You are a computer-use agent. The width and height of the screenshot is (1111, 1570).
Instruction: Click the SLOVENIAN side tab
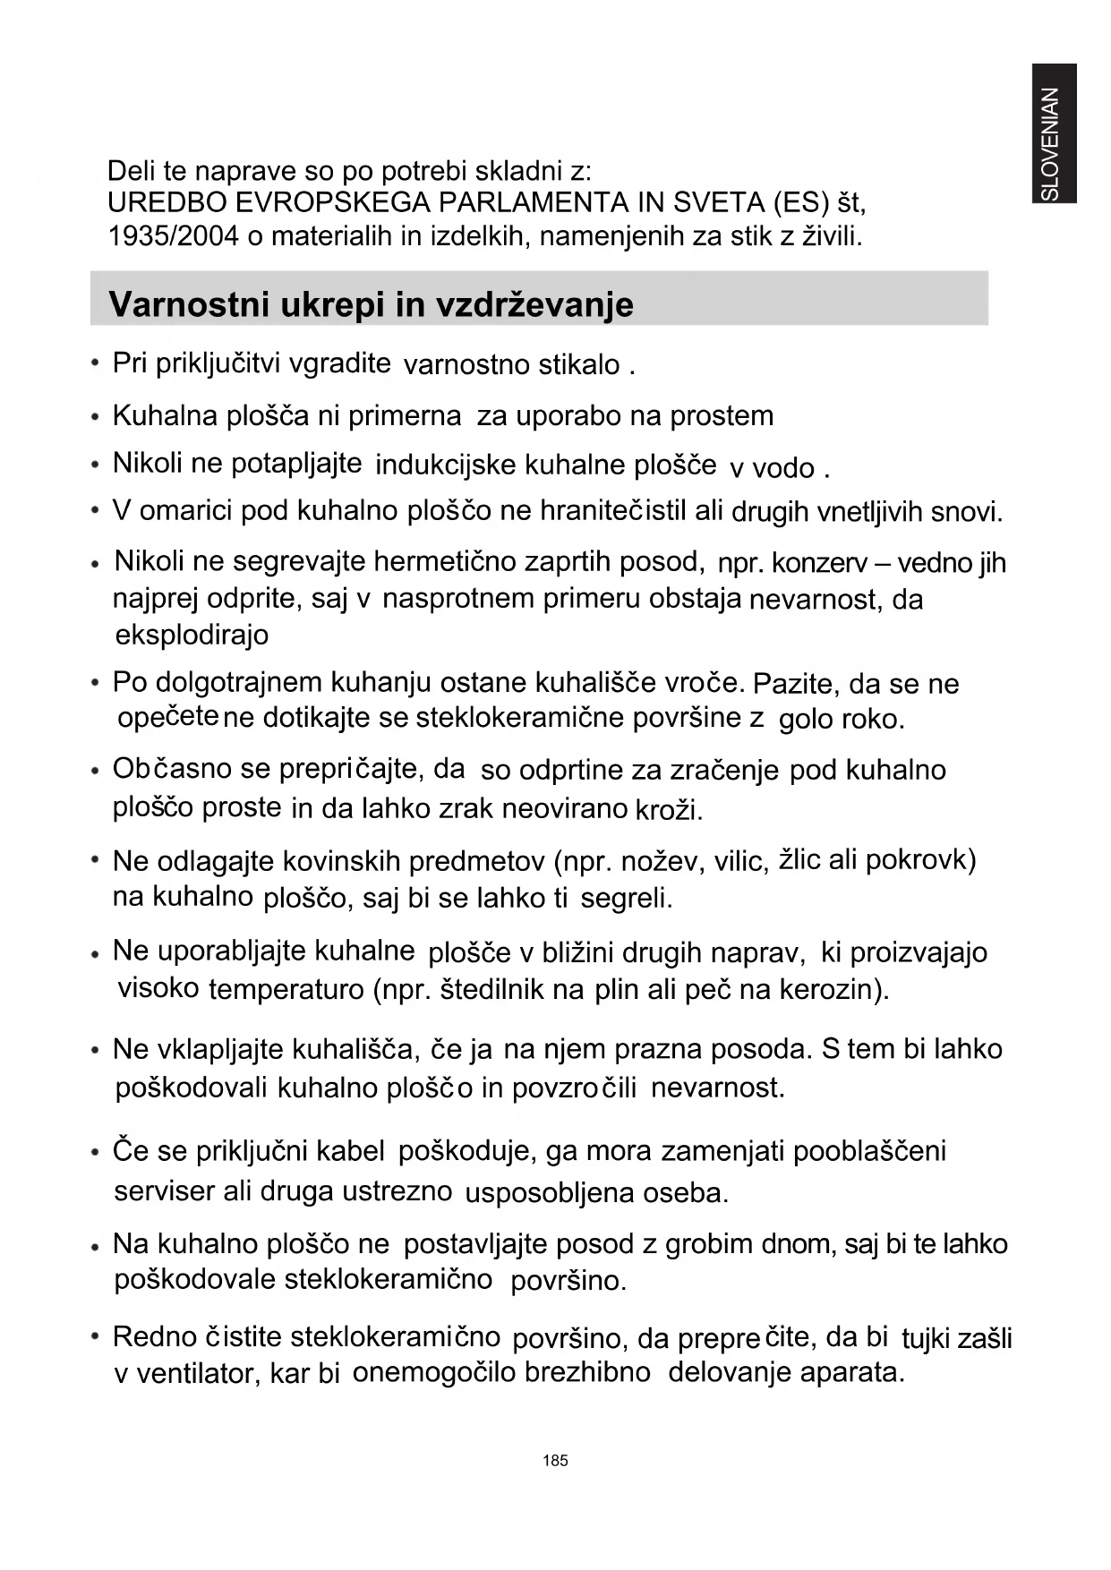click(1053, 134)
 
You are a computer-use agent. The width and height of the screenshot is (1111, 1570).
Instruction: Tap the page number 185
click(555, 1460)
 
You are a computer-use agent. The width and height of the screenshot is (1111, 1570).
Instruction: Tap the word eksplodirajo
click(192, 635)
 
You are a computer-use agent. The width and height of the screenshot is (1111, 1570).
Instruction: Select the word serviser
click(165, 1191)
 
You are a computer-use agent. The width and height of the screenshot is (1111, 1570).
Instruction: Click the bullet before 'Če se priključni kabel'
click(95, 1152)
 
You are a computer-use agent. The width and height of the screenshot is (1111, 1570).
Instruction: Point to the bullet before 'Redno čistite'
click(95, 1337)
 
